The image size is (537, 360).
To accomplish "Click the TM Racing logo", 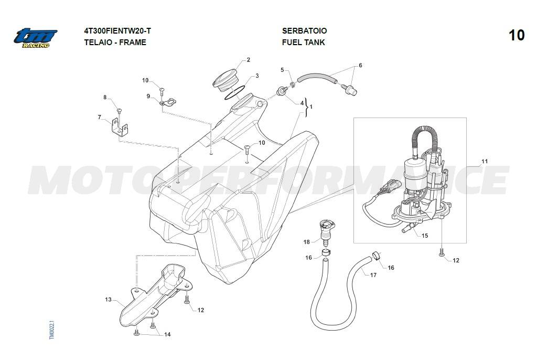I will [35, 38].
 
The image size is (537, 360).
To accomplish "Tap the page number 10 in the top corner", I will [516, 35].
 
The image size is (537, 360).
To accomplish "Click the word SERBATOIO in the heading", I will [304, 31].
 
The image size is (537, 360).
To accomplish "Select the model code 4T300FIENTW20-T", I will [121, 31].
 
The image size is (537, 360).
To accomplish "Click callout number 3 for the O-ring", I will [257, 76].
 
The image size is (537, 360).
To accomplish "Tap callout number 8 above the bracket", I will [105, 98].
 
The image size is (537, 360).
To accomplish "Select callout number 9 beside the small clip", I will [148, 96].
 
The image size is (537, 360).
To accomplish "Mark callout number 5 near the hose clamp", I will [282, 70].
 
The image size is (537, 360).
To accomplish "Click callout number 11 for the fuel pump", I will [485, 162].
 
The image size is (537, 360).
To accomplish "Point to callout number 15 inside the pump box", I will [425, 236].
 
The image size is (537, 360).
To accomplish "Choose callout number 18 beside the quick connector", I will [307, 242].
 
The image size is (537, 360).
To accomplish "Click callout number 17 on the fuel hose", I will [373, 275].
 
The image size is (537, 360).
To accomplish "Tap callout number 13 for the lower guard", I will [108, 300].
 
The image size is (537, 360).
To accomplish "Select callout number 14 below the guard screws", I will [167, 334].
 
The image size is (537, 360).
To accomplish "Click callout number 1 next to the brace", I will [311, 107].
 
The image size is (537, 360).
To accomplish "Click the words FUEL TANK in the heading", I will [303, 43].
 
